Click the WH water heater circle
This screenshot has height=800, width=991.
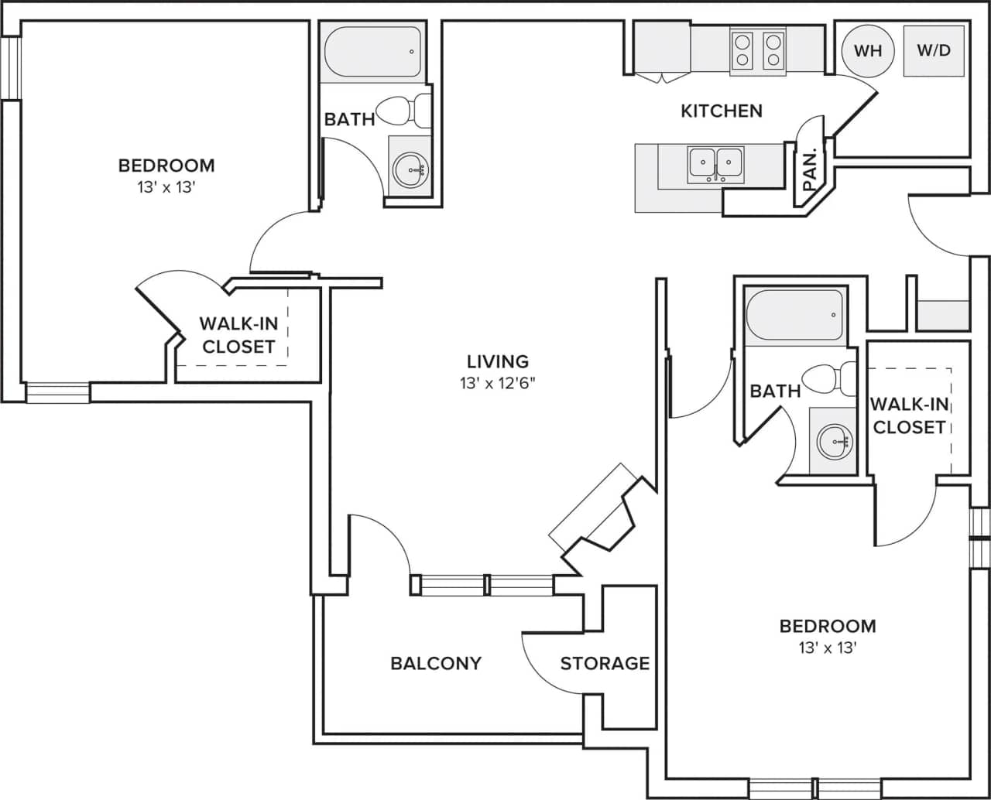point(868,51)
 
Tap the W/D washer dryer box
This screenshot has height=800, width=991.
point(933,51)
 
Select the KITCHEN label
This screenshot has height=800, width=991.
point(722,111)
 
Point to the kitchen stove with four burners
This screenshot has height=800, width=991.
point(758,50)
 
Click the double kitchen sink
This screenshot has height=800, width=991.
point(715,164)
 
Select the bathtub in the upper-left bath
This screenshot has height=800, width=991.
point(372,53)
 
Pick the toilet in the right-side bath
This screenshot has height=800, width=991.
point(828,379)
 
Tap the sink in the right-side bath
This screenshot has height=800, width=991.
point(832,441)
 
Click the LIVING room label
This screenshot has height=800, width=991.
point(498,361)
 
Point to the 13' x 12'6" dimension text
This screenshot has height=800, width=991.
point(498,383)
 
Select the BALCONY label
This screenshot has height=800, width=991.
point(436,663)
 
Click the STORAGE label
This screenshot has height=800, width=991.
point(605,663)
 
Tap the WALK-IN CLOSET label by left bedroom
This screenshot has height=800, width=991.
point(238,335)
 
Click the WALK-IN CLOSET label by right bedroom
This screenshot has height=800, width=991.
point(908,415)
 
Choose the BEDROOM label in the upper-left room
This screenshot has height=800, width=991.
point(166,166)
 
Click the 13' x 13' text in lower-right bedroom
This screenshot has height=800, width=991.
point(828,648)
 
